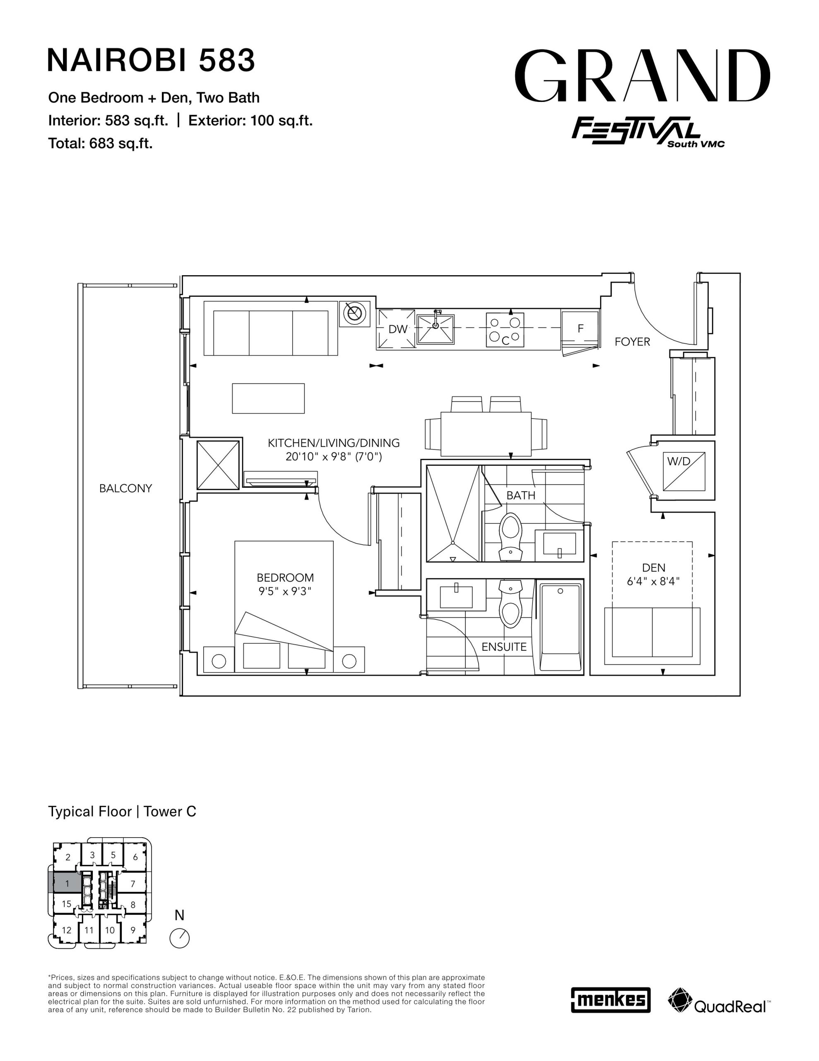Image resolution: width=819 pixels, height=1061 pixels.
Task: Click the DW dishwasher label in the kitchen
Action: [x=397, y=329]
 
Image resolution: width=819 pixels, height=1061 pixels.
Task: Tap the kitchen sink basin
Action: [x=436, y=329]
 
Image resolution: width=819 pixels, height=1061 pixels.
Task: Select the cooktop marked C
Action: [x=505, y=330]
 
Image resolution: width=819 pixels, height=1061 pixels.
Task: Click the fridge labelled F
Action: [x=580, y=329]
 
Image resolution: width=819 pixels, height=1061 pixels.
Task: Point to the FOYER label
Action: [x=632, y=342]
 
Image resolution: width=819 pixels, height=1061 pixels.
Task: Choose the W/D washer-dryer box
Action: [x=684, y=471]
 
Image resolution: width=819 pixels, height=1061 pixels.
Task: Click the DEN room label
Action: [x=653, y=567]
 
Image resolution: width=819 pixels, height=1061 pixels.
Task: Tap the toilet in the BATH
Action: [x=510, y=537]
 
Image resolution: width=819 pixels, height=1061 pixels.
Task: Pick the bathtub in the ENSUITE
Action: [x=560, y=628]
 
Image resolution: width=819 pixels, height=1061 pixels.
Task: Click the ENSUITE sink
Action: [x=456, y=596]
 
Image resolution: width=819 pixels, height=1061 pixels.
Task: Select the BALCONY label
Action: [x=125, y=488]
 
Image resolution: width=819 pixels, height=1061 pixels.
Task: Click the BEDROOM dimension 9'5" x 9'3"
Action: [x=285, y=591]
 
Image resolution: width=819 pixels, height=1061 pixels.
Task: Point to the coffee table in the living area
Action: [x=268, y=398]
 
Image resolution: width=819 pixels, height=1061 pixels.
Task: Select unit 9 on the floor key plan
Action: [x=132, y=930]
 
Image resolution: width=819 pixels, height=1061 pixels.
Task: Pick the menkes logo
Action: [x=610, y=1000]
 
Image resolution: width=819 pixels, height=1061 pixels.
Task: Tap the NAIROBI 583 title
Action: [x=151, y=60]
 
